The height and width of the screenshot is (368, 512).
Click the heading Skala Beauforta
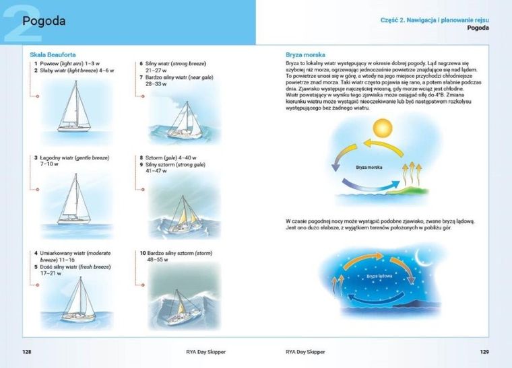point(53,54)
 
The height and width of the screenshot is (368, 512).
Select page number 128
point(27,351)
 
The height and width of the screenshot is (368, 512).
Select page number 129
point(484,351)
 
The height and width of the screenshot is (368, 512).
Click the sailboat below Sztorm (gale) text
point(185,214)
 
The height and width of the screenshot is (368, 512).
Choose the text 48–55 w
point(157,260)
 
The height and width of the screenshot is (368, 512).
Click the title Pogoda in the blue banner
point(44,21)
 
